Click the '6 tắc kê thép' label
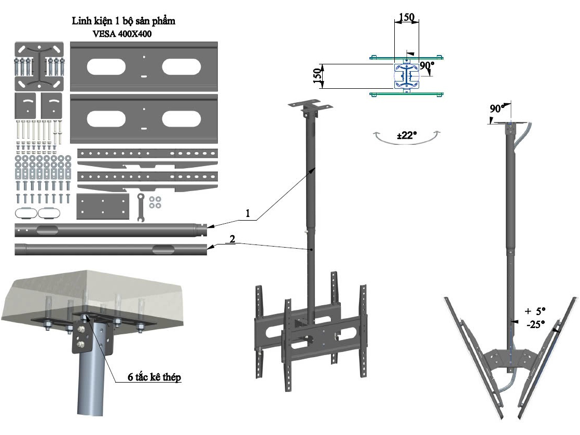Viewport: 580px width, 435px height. click(x=155, y=377)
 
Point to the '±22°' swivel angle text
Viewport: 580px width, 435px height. click(x=407, y=135)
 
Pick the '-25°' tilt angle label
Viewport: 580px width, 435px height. click(x=534, y=324)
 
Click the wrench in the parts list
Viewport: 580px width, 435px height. click(x=139, y=206)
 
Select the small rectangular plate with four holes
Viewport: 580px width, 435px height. click(x=102, y=207)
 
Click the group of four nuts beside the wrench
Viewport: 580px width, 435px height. click(x=154, y=202)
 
